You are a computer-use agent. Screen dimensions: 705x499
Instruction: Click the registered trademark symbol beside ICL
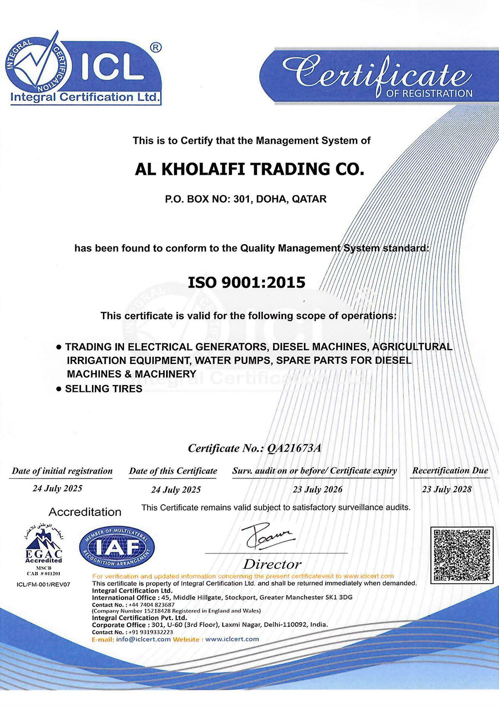(x=156, y=47)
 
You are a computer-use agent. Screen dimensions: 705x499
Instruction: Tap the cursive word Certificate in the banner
(x=377, y=74)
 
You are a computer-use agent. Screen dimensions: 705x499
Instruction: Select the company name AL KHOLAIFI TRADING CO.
(x=249, y=170)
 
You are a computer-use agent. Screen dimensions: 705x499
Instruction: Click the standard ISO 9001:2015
(x=247, y=283)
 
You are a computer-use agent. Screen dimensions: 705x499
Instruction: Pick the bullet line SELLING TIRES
(x=104, y=389)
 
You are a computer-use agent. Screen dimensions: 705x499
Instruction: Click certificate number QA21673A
(x=294, y=448)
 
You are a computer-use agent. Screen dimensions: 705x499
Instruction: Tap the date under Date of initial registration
(x=57, y=489)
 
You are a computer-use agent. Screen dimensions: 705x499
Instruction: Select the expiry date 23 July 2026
(x=317, y=490)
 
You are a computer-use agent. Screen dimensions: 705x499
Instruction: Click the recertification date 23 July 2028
(x=447, y=490)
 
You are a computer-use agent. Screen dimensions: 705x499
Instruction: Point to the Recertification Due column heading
(x=450, y=471)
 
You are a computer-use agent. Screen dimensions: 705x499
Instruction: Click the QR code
(x=462, y=555)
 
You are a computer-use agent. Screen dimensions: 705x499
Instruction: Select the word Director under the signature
(x=272, y=564)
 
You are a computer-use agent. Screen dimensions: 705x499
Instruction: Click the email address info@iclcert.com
(x=143, y=639)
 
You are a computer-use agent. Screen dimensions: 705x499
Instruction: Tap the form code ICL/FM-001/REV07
(x=43, y=584)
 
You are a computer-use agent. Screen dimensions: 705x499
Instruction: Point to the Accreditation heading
(x=85, y=512)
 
